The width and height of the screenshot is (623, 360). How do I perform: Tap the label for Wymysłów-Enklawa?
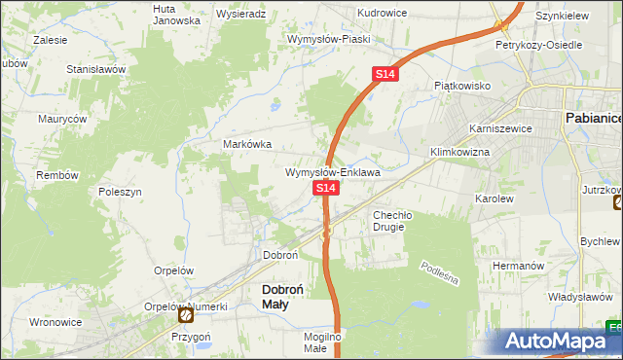[x=332, y=172]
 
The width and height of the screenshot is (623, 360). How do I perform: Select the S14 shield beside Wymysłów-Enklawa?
[x=326, y=188]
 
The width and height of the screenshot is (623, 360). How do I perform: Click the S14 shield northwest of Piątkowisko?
[x=386, y=74]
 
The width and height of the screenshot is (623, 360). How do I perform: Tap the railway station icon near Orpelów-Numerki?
[x=186, y=315]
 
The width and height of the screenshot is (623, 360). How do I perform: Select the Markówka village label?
[x=247, y=144]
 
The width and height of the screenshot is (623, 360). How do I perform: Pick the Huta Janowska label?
[x=176, y=14]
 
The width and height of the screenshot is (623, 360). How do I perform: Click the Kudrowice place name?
[x=382, y=14]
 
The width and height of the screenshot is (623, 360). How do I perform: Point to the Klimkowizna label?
[x=459, y=153]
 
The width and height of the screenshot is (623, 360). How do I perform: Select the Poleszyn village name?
[x=122, y=192]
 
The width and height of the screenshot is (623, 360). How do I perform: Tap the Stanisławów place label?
[x=96, y=70]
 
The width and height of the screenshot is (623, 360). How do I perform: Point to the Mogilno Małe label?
[x=321, y=342]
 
